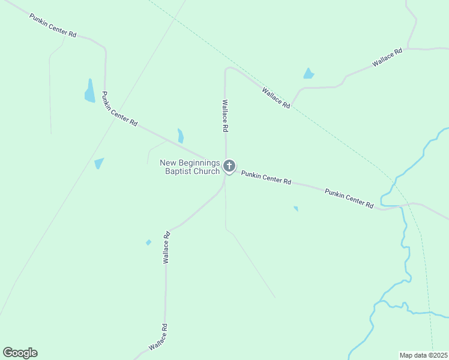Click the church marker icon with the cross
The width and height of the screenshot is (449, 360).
(229, 166)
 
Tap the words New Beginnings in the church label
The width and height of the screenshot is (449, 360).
(190, 163)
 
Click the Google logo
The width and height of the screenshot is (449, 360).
(20, 353)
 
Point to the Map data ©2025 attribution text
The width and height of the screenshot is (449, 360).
(423, 355)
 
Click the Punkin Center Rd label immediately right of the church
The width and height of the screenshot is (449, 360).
(266, 177)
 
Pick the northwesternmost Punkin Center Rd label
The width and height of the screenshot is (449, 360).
(53, 26)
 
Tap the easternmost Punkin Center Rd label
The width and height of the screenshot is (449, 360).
(349, 198)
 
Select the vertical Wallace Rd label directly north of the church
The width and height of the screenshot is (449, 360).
(225, 115)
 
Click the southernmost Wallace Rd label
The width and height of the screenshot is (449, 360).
(157, 338)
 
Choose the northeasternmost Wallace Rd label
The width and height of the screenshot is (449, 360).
(387, 58)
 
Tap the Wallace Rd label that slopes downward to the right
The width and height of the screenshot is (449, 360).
(276, 97)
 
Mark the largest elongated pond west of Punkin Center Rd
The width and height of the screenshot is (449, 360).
(89, 91)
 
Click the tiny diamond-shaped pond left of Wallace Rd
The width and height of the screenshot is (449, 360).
(148, 242)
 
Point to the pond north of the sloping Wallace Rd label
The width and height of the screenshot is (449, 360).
(309, 74)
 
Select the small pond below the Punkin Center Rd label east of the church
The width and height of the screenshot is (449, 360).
(296, 209)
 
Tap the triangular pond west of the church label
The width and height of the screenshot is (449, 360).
(98, 163)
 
